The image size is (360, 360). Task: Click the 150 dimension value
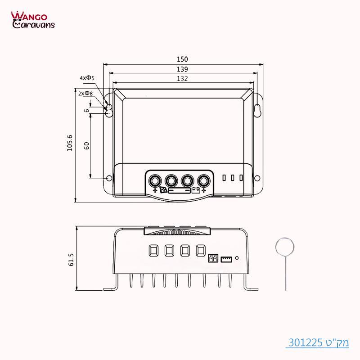click(182, 59)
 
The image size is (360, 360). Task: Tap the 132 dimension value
click(182, 78)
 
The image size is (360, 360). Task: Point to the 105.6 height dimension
click(70, 143)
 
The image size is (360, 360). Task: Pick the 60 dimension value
click(87, 145)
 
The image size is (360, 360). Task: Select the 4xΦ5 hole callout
click(87, 78)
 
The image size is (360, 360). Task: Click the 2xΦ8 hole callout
click(85, 94)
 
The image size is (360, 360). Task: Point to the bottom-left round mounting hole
click(109, 179)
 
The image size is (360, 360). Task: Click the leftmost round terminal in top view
click(155, 180)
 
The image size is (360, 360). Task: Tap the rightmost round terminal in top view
click(205, 180)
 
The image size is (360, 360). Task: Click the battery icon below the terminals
click(196, 190)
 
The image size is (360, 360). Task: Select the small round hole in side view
click(237, 258)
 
